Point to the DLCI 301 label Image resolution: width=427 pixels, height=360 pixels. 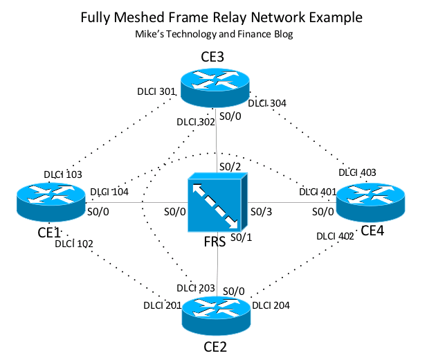(x=156, y=90)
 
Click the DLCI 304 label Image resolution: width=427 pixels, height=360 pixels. (x=268, y=103)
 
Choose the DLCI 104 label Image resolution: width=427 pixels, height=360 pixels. (x=109, y=192)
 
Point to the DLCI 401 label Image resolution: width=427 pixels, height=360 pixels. (x=318, y=191)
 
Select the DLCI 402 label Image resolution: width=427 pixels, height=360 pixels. (x=336, y=236)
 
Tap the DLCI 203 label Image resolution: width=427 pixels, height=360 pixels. (x=196, y=288)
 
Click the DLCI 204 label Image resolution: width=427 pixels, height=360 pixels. (x=271, y=305)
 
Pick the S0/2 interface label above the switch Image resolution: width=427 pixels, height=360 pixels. (x=229, y=167)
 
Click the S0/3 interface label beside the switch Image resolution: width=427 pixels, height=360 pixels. (x=261, y=211)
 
